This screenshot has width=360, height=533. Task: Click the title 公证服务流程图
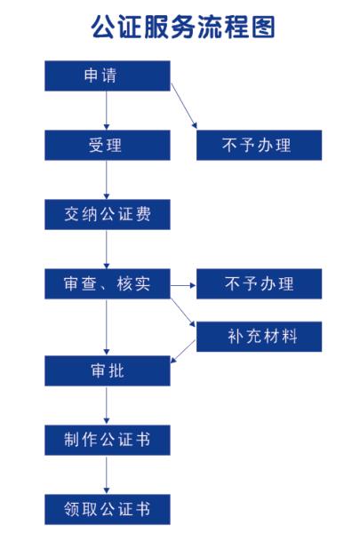[183, 27]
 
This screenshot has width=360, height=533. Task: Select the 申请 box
[108, 76]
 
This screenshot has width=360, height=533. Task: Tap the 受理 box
[108, 145]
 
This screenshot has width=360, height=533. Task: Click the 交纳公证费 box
[108, 214]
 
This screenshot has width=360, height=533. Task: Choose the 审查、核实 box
[108, 284]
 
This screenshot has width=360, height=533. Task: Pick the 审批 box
[108, 370]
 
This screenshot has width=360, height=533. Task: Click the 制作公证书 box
[108, 441]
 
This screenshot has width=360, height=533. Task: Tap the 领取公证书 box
[108, 510]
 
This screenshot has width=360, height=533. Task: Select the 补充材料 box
[259, 337]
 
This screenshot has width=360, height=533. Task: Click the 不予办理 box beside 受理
[259, 145]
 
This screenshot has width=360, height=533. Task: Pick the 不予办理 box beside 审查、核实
[259, 284]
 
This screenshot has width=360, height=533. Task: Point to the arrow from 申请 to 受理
[107, 110]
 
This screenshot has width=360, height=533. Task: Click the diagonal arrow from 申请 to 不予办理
[184, 106]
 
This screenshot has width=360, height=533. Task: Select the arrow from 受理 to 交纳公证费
[107, 179]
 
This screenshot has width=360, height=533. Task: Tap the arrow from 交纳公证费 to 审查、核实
[107, 249]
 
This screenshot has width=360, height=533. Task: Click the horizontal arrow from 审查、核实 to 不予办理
[183, 285]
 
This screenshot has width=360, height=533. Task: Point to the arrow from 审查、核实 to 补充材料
[183, 313]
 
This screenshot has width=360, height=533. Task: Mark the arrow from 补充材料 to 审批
[183, 352]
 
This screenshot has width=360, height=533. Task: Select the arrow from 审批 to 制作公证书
[107, 406]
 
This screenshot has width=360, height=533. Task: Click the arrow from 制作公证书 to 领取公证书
[107, 475]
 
